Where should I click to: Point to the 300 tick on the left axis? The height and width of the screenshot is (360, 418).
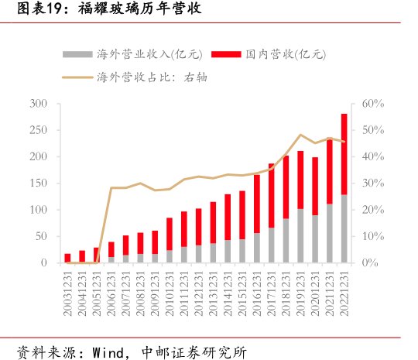(39, 104)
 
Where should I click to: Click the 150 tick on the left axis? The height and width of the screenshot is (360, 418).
(39, 183)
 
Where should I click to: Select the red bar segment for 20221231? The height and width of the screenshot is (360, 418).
(344, 154)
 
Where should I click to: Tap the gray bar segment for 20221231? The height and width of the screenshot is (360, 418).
(344, 228)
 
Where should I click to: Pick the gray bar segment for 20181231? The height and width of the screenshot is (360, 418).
(286, 241)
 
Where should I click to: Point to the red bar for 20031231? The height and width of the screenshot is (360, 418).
(67, 258)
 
